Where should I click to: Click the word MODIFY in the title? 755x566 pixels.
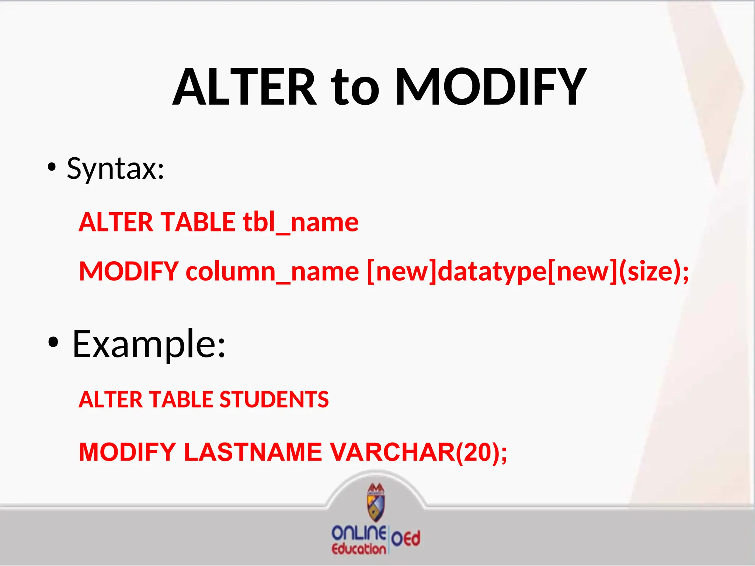click(x=490, y=87)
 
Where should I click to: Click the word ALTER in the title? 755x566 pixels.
click(x=245, y=87)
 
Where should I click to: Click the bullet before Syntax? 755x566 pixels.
click(x=52, y=168)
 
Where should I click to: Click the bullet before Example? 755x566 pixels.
click(x=53, y=343)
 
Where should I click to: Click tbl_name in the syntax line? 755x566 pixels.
click(x=300, y=222)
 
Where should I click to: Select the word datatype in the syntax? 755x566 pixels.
click(x=493, y=272)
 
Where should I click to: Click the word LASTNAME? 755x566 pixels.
click(x=253, y=452)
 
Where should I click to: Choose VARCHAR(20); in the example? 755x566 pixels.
click(x=418, y=452)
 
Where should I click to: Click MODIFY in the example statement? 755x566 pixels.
click(x=128, y=452)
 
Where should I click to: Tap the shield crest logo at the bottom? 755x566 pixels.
click(x=376, y=503)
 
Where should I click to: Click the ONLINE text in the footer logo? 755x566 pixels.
click(x=359, y=533)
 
